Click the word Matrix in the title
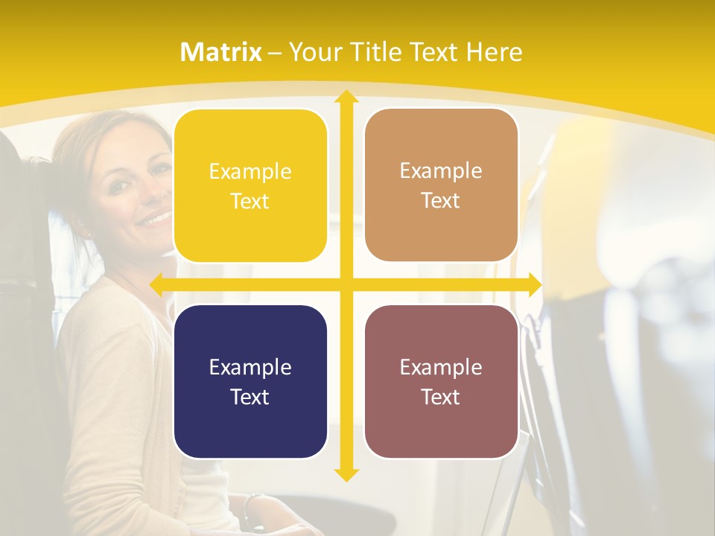(x=221, y=52)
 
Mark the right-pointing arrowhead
(x=534, y=284)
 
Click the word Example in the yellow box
(x=250, y=172)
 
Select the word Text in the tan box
(x=441, y=201)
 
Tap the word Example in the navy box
(x=250, y=368)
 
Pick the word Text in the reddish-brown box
(x=441, y=397)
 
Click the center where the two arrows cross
(x=346, y=284)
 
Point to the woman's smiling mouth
(x=156, y=218)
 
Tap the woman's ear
(x=83, y=223)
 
